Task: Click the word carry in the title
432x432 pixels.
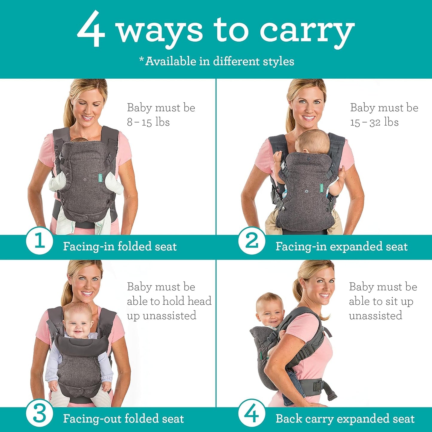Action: coord(307,31)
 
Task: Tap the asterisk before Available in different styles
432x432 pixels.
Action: coord(142,59)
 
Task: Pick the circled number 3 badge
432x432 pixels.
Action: coord(39,414)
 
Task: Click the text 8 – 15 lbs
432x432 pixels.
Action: coord(148,122)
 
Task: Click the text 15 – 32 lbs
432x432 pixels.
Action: coord(374,122)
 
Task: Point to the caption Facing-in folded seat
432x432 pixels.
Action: coord(120,247)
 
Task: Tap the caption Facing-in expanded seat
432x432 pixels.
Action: coord(341,247)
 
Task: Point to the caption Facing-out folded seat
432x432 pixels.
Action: coord(123,419)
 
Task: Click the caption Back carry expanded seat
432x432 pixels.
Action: coord(345,419)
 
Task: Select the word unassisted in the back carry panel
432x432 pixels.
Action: coord(375,316)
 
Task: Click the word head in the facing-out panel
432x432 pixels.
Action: coord(199,301)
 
